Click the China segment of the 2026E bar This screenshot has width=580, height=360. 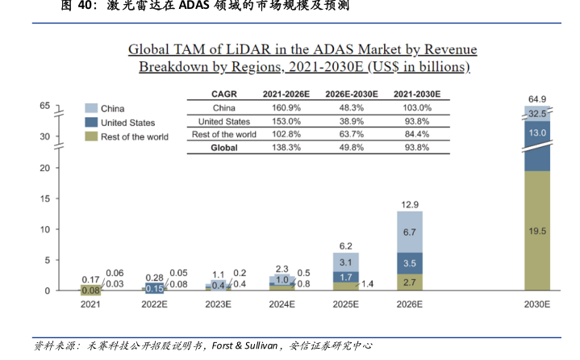click(x=408, y=232)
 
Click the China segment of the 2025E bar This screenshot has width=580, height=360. click(x=344, y=262)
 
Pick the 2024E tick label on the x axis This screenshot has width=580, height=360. click(x=281, y=305)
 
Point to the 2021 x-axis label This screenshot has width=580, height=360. click(x=90, y=305)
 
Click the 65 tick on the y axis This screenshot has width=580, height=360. click(x=44, y=106)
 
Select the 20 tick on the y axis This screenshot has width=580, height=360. click(x=44, y=168)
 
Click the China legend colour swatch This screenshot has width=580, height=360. click(x=91, y=108)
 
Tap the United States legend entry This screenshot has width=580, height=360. click(x=127, y=123)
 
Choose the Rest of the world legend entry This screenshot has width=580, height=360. click(x=134, y=136)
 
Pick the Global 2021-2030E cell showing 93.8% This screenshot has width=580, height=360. click(x=417, y=148)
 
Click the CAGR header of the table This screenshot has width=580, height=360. click(x=223, y=94)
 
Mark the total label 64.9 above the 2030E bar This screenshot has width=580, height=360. click(x=537, y=98)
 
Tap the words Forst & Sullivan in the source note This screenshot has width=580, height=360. click(x=245, y=345)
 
